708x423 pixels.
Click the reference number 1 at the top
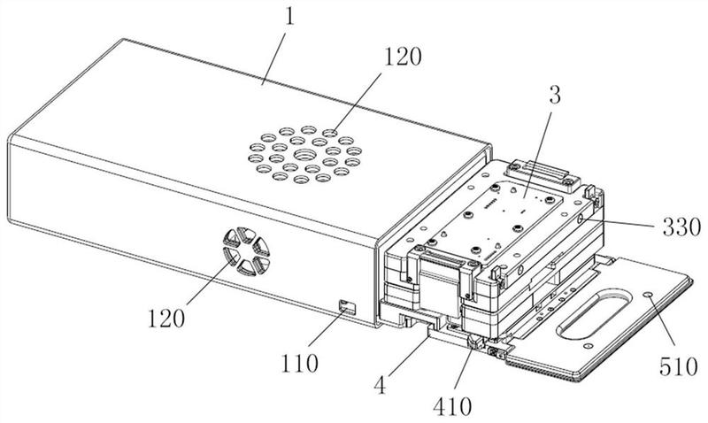click(289, 16)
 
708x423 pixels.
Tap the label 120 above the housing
click(403, 57)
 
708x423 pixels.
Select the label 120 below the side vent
click(166, 319)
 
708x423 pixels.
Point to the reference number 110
click(299, 363)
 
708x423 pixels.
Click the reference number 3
click(555, 96)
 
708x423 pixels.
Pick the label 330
click(681, 227)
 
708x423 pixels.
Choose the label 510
click(678, 366)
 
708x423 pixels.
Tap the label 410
click(452, 406)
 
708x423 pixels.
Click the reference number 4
click(381, 385)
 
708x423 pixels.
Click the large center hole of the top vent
click(305, 155)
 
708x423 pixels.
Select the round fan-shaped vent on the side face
click(247, 251)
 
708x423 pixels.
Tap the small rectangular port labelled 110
click(347, 306)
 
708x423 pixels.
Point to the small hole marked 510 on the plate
click(649, 295)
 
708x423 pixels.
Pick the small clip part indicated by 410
click(474, 342)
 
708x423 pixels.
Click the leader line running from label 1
click(275, 57)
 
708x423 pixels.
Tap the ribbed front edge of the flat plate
click(541, 366)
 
